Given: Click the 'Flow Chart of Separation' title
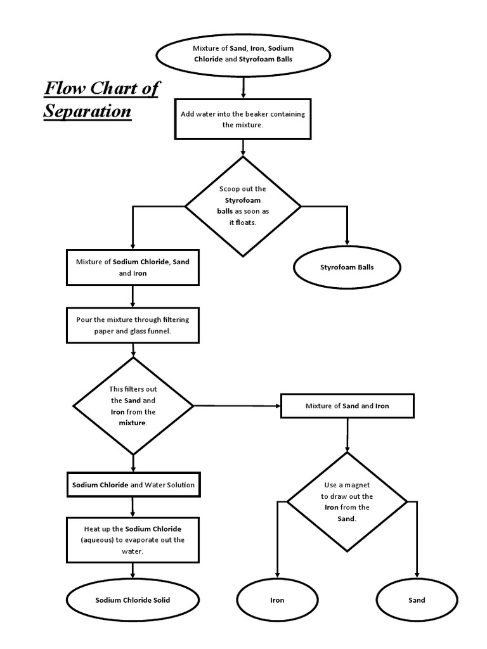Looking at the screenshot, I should (x=100, y=99).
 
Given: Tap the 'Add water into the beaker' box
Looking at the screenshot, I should (x=243, y=120).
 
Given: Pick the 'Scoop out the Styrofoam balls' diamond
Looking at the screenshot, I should (x=243, y=206).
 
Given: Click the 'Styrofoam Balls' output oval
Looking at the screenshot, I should (x=347, y=267).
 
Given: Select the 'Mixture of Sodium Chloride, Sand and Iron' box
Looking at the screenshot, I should (x=133, y=267).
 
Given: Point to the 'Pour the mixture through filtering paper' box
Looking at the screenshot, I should (x=133, y=325).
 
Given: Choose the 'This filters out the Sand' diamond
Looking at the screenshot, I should (x=133, y=406).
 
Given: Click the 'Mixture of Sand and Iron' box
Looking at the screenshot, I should (x=347, y=406).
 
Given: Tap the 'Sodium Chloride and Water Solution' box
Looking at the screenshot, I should (x=133, y=485).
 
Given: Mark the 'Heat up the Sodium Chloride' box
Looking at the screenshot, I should (x=133, y=539).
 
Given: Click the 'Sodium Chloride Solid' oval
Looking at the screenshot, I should (x=133, y=600).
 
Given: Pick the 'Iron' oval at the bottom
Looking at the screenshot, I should (x=277, y=600).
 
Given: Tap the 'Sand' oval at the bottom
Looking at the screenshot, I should (x=417, y=600).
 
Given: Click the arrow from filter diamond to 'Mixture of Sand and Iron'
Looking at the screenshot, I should (x=237, y=406).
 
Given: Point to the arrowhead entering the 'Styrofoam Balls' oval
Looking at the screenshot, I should (x=347, y=241).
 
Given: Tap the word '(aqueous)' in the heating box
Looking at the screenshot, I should (x=98, y=540).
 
